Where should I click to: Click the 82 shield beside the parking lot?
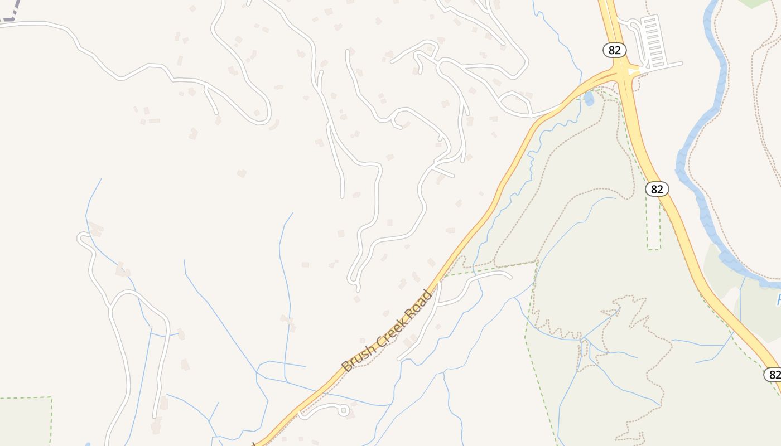click(x=614, y=50)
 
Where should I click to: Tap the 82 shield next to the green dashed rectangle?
click(x=657, y=189)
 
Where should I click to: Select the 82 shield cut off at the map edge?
click(x=773, y=374)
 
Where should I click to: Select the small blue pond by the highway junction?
click(x=589, y=99)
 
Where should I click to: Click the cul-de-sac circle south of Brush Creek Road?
click(x=344, y=411)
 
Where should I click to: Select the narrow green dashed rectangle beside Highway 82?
click(x=653, y=223)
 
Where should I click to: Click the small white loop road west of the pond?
click(x=514, y=103)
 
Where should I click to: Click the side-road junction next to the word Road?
click(x=440, y=282)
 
